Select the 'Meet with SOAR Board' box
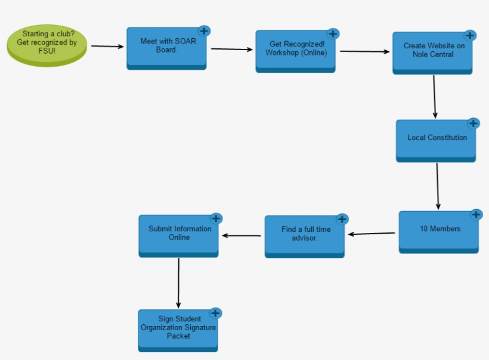pyautogui.click(x=166, y=48)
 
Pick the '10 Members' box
pyautogui.click(x=439, y=231)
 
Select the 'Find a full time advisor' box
pyautogui.click(x=304, y=236)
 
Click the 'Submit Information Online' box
pyautogui.click(x=178, y=235)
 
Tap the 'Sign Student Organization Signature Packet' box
pyautogui.click(x=178, y=330)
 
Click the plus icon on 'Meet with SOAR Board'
pyautogui.click(x=204, y=30)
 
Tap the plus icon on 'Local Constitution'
pyautogui.click(x=473, y=123)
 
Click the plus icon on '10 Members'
pyautogui.click(x=476, y=215)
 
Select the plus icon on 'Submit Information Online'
pyautogui.click(x=216, y=218)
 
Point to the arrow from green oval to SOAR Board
pyautogui.click(x=107, y=46)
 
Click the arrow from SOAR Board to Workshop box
pyautogui.click(x=231, y=49)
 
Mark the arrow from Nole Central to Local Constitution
pyautogui.click(x=435, y=97)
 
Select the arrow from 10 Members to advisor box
pyautogui.click(x=372, y=234)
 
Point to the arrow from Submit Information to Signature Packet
pyautogui.click(x=178, y=283)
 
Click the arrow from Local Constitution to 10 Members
pyautogui.click(x=438, y=185)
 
